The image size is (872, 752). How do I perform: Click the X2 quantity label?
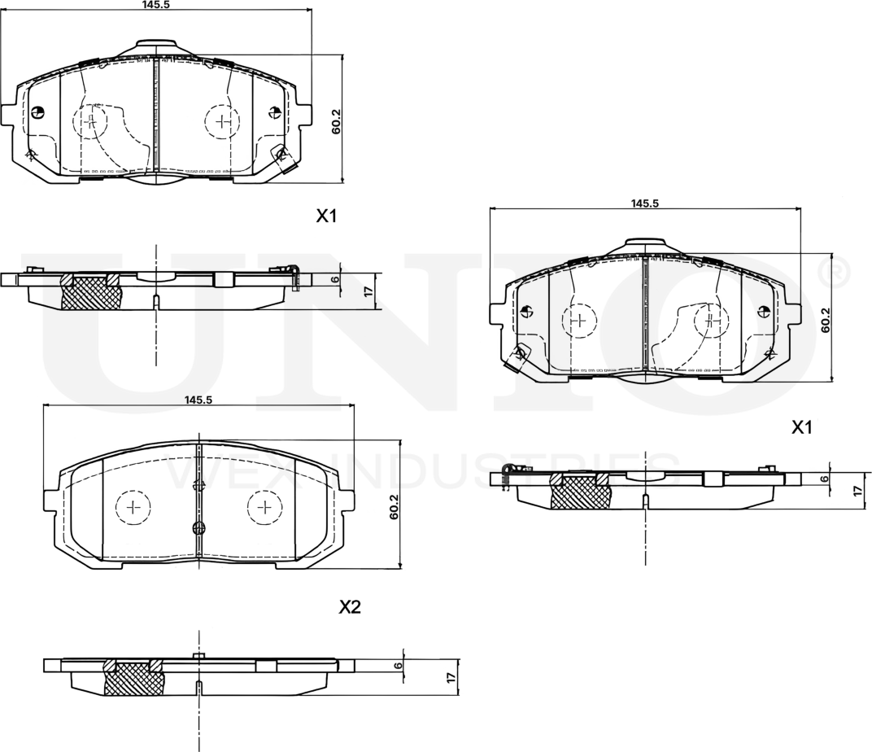click(349, 607)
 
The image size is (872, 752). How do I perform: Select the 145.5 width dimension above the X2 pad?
click(198, 400)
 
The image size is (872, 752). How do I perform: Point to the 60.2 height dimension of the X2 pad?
click(394, 506)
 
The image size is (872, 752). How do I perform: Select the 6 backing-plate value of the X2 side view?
click(398, 665)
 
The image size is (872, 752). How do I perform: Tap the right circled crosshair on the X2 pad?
click(263, 508)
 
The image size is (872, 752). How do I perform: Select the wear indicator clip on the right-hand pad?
click(517, 356)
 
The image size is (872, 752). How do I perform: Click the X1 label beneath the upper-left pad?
click(326, 216)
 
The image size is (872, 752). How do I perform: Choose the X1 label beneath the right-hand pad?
click(802, 427)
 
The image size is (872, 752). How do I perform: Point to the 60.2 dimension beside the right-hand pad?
click(825, 320)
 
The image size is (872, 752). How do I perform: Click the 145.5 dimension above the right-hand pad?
click(644, 203)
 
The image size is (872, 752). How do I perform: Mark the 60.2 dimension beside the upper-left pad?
click(336, 120)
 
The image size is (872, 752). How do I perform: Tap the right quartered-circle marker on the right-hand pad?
click(763, 311)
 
